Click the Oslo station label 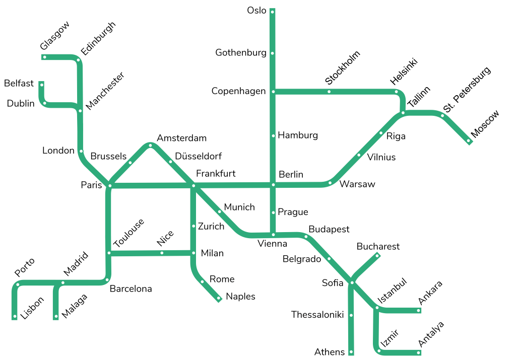click(256, 11)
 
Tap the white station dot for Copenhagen click(273, 92)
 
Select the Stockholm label click(343, 67)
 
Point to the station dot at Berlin click(273, 185)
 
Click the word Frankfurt click(216, 174)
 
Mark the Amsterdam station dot click(150, 146)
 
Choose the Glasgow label click(54, 36)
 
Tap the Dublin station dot click(45, 103)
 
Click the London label click(58, 151)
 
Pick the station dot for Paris click(110, 186)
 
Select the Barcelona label click(131, 289)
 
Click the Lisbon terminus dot click(14, 317)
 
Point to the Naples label click(240, 297)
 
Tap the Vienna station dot click(273, 235)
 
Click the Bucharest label click(378, 246)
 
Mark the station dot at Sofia click(352, 283)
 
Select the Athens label click(330, 352)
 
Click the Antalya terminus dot click(419, 352)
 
